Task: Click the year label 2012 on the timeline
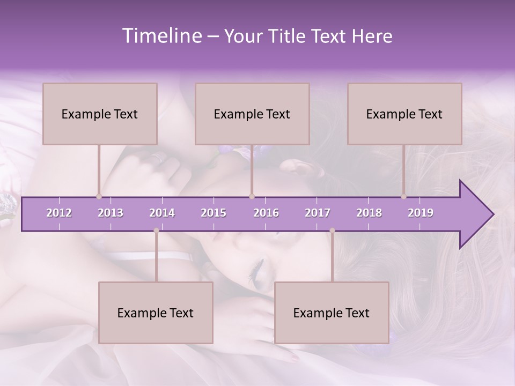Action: pos(59,213)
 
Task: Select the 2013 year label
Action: pos(111,213)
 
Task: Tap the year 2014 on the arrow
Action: pos(162,213)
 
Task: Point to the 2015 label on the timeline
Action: pos(214,213)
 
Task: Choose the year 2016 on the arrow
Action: pos(266,213)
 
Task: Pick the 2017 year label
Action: pos(318,213)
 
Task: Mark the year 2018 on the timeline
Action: pos(369,213)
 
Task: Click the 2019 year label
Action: pos(421,213)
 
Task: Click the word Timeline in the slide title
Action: pos(160,36)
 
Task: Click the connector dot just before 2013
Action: pos(99,196)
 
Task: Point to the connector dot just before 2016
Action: pos(252,196)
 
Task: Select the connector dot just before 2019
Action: pos(404,196)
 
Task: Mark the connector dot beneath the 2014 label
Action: pos(156,231)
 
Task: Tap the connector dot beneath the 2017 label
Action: pos(332,231)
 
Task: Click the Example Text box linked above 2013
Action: pos(100,114)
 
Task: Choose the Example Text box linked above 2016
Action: pos(252,114)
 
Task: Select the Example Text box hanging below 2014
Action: pos(156,313)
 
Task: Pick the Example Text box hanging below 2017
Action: pos(332,313)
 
